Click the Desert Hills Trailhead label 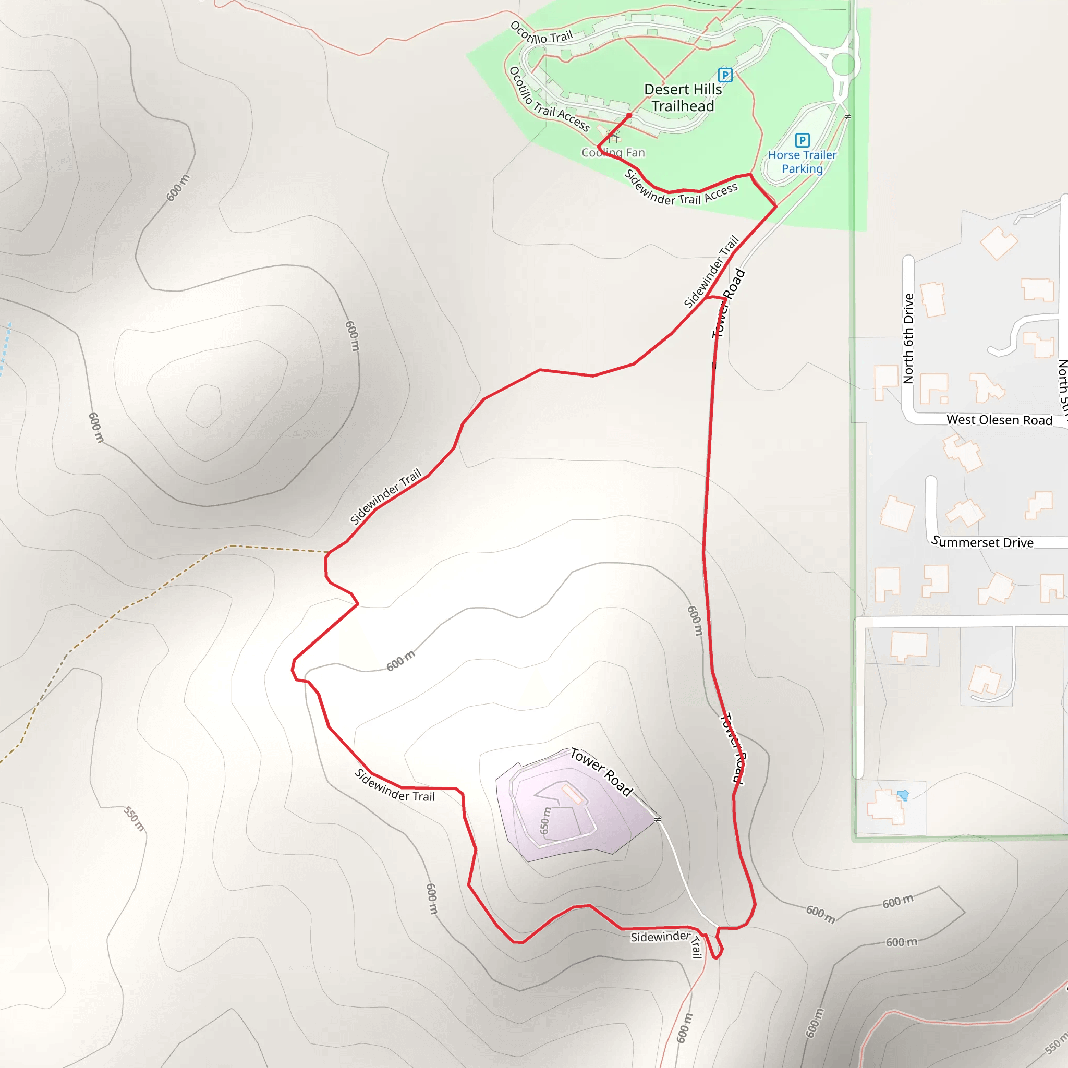click(x=683, y=98)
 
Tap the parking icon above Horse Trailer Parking click(x=802, y=140)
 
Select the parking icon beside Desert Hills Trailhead click(x=725, y=75)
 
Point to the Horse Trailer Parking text click(x=802, y=162)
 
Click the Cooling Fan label click(x=613, y=153)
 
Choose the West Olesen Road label click(x=999, y=420)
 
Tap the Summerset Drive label click(x=982, y=542)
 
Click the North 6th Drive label click(x=908, y=338)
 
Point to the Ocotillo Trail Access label click(x=549, y=100)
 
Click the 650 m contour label click(x=545, y=821)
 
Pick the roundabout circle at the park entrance click(x=843, y=64)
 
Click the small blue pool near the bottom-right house click(x=903, y=795)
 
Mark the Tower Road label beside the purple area click(x=601, y=772)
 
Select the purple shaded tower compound click(x=569, y=812)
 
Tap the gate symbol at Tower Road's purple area click(x=657, y=819)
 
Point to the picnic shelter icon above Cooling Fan click(x=613, y=137)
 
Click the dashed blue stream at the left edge click(x=5, y=348)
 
